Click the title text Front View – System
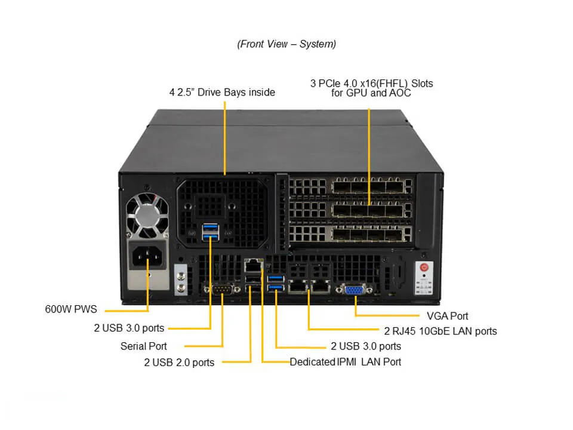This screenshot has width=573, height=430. (x=286, y=44)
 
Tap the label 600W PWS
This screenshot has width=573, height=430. (x=70, y=309)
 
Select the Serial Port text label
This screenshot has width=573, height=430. (x=144, y=346)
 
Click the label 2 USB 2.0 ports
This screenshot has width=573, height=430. (x=179, y=362)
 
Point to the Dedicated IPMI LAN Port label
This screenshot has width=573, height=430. (x=346, y=362)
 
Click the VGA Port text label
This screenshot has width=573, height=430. (x=448, y=316)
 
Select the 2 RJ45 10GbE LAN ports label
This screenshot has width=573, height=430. (x=440, y=331)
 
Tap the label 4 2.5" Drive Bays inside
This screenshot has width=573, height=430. (x=222, y=92)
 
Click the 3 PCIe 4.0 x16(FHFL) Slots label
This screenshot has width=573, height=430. (x=371, y=83)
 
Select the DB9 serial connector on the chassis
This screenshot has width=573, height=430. (x=222, y=290)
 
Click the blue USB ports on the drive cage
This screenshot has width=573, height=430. (x=210, y=233)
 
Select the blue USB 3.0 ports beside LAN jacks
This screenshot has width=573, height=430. (x=275, y=283)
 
